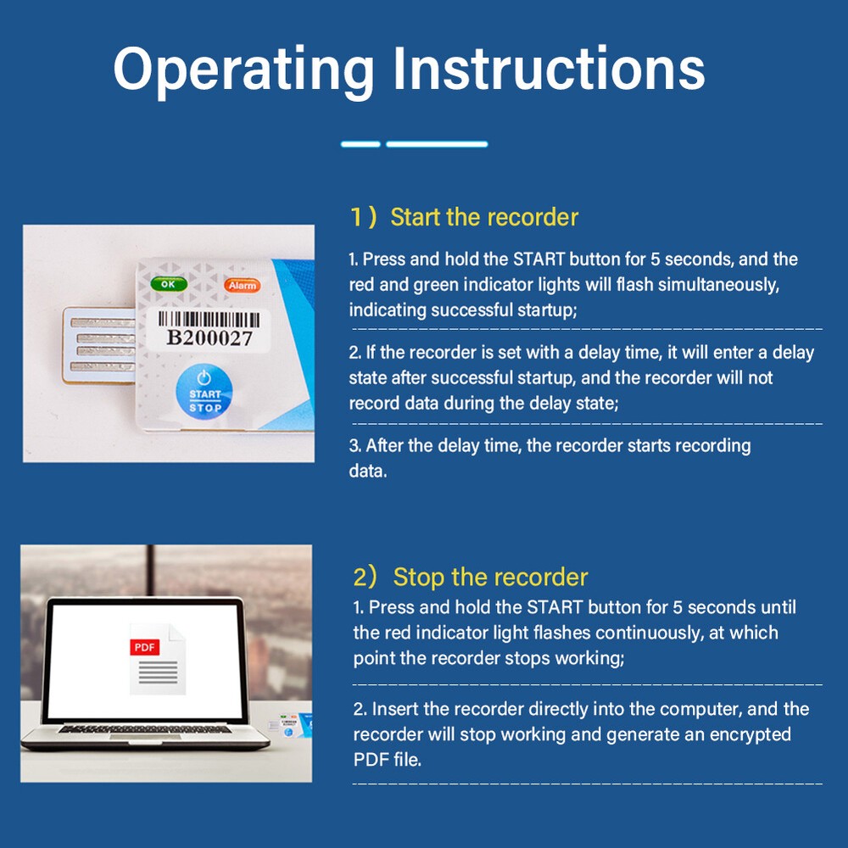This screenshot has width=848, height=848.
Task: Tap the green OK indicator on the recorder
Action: click(169, 284)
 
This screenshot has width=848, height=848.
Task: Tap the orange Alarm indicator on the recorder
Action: click(243, 286)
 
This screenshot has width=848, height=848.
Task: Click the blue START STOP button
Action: click(204, 392)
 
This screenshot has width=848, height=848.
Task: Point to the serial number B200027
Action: click(209, 338)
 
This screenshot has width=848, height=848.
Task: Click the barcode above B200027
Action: click(209, 319)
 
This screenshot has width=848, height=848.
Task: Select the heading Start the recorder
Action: click(484, 217)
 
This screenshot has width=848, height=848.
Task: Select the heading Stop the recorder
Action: click(490, 577)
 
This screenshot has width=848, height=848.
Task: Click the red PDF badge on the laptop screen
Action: click(145, 647)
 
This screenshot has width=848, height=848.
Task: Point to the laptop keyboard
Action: click(144, 730)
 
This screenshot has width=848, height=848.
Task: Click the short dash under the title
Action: click(360, 144)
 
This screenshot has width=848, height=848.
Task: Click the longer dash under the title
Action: click(437, 144)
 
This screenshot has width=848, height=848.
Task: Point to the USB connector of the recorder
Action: click(99, 345)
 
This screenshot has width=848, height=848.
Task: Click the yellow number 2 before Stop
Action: click(360, 577)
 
